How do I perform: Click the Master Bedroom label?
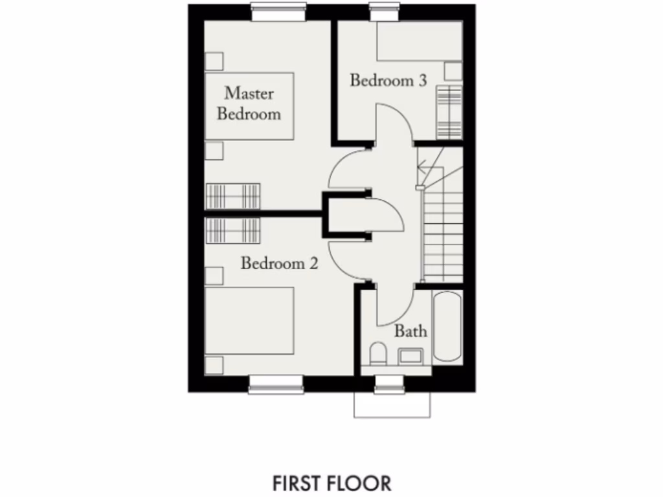tap(249, 104)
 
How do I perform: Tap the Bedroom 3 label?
tap(388, 81)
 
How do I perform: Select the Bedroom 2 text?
tap(280, 263)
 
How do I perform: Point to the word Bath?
tap(411, 331)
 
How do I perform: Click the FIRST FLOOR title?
tap(331, 483)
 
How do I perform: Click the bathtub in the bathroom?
tap(447, 327)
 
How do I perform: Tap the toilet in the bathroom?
tap(378, 355)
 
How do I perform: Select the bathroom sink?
tap(410, 355)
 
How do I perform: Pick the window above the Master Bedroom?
tap(278, 12)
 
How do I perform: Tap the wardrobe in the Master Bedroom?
tap(233, 196)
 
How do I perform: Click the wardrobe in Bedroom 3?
tap(449, 111)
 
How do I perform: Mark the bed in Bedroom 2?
tap(249, 321)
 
